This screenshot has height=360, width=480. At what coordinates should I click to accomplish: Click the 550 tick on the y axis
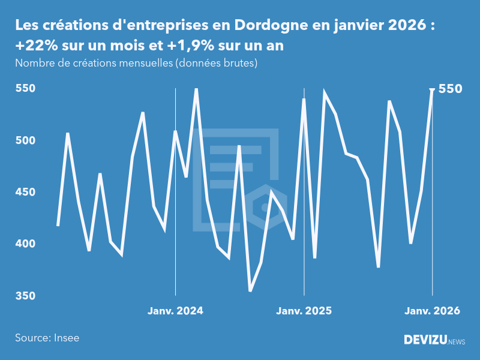(26, 89)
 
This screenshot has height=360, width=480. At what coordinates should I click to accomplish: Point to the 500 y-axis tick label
(26, 140)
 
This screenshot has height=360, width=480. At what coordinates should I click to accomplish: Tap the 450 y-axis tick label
(26, 192)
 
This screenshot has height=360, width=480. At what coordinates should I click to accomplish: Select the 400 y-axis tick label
(26, 244)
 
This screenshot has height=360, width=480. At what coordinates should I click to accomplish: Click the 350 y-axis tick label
(26, 296)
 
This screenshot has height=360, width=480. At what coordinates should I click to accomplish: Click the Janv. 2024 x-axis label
(175, 311)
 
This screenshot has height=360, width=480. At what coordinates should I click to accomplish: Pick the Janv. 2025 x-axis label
(304, 311)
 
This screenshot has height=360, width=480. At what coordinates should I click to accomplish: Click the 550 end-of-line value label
(451, 89)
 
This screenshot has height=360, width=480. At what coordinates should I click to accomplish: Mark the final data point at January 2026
(432, 89)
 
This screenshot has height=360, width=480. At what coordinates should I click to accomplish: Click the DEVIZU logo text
(425, 340)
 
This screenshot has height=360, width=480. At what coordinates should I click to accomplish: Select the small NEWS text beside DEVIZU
(457, 342)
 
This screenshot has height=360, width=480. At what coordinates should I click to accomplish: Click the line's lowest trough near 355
(250, 291)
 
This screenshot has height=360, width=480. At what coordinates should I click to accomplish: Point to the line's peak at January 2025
(304, 99)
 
